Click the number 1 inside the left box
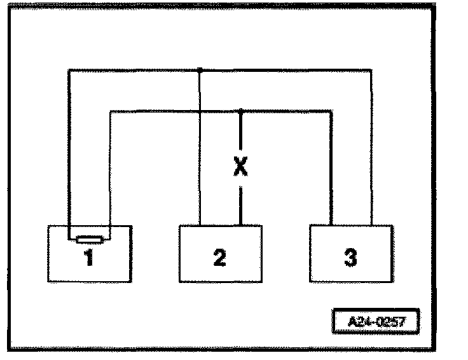coord(88,259)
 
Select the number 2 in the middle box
coord(219,259)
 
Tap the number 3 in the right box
coord(350,259)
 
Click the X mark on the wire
coord(240,167)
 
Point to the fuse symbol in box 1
coord(88,240)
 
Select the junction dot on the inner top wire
coord(240,111)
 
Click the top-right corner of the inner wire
coord(331,111)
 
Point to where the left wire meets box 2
coord(200,225)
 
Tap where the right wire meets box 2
coord(240,225)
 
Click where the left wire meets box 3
coord(331,225)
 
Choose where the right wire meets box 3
coord(371,225)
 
